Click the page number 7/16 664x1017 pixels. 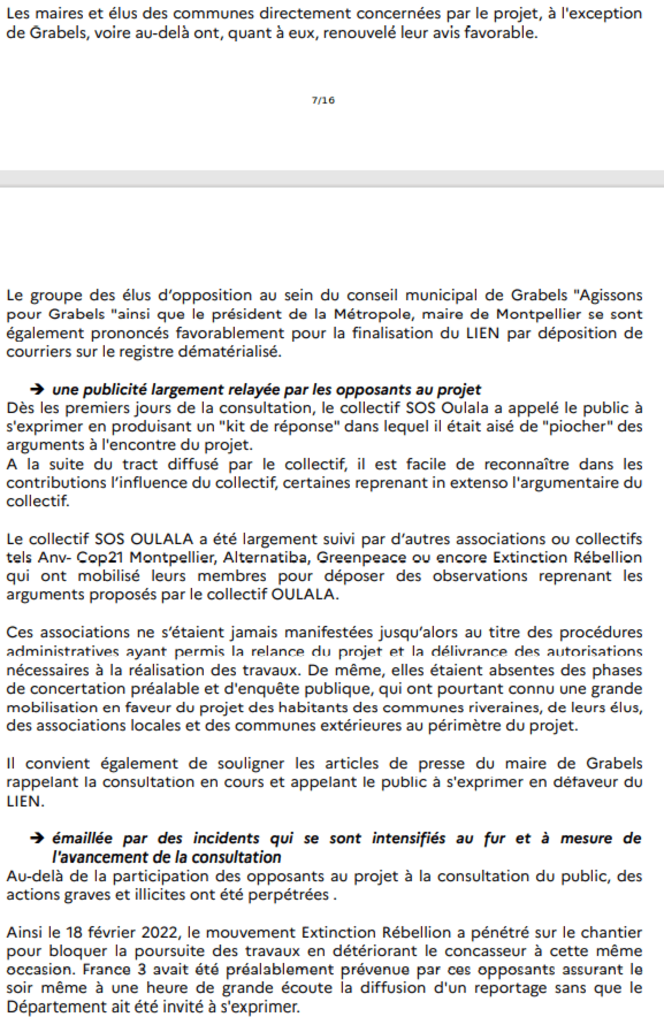pyautogui.click(x=323, y=100)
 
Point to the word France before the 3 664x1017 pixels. pyautogui.click(x=106, y=970)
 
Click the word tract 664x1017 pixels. pyautogui.click(x=140, y=464)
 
